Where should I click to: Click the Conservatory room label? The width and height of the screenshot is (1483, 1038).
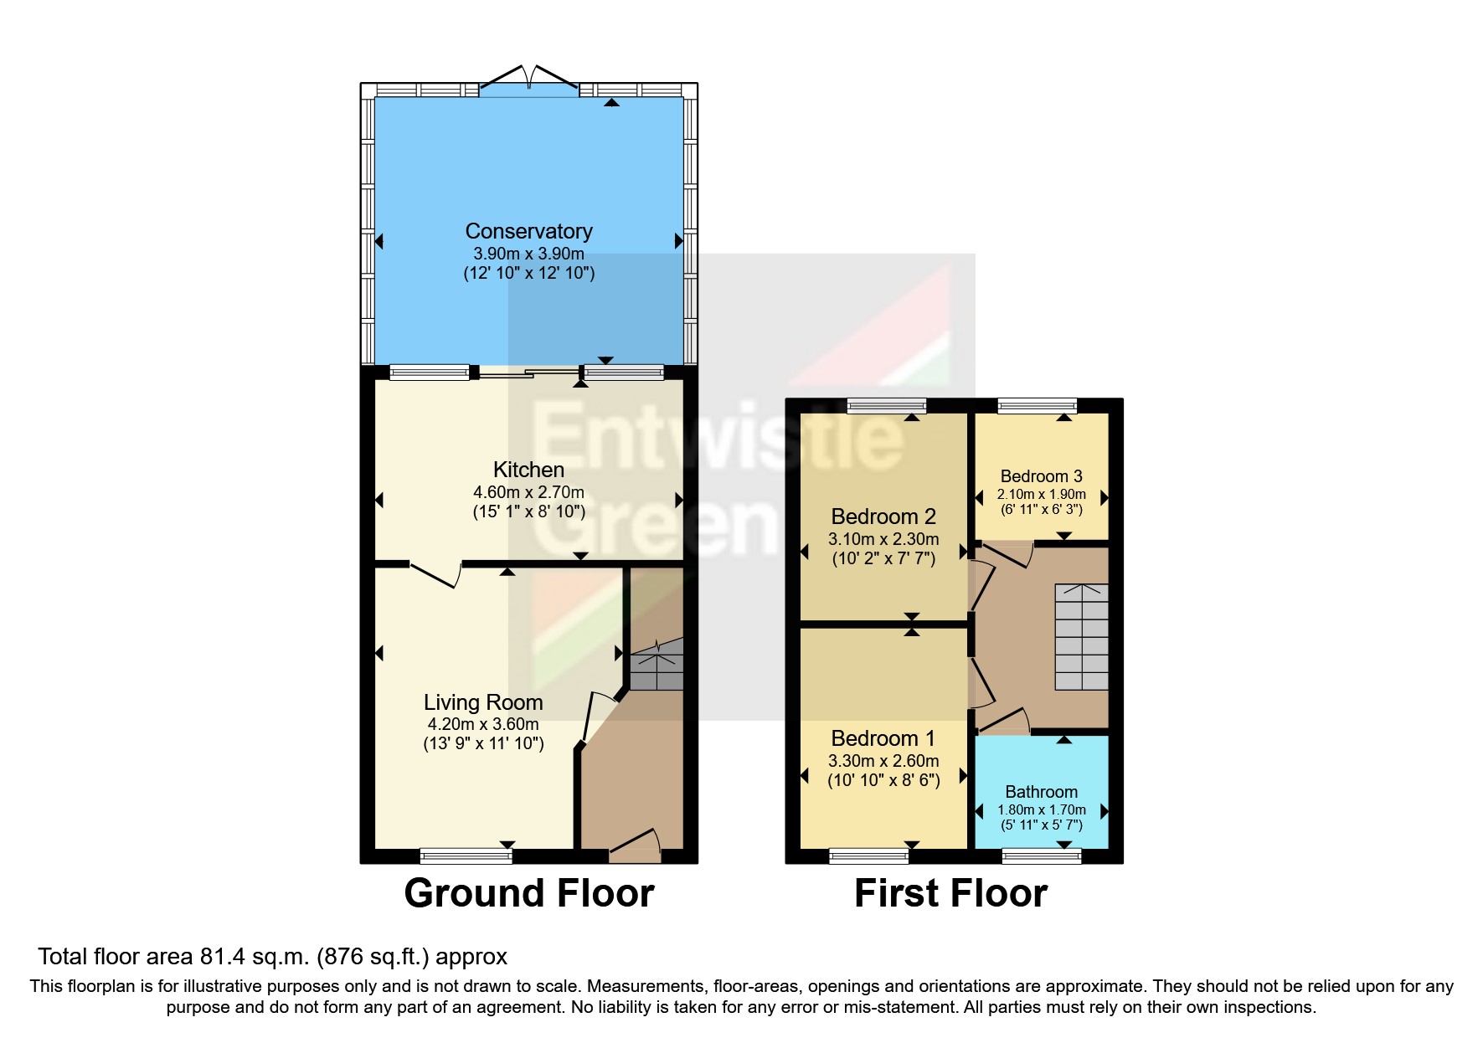click(528, 231)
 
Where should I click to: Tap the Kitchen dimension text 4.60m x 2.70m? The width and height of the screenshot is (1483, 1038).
click(528, 492)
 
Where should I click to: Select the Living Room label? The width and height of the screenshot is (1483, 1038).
click(483, 702)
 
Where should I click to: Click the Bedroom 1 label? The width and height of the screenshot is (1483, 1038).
click(883, 738)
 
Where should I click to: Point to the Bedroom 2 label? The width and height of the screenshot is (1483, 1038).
click(883, 516)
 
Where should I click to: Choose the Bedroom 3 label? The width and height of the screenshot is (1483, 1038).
click(1041, 476)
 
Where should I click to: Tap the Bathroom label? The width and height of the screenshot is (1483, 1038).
click(1041, 792)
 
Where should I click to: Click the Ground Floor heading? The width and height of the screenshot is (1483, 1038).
click(529, 893)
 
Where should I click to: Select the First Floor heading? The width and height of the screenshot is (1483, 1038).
click(950, 893)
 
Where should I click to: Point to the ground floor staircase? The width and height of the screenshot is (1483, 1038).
click(657, 665)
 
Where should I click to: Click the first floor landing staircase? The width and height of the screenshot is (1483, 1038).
click(1081, 636)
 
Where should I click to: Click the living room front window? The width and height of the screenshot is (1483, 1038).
click(466, 856)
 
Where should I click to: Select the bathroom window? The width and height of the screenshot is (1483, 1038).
click(1042, 856)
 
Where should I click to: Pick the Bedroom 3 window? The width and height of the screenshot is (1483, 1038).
click(1038, 406)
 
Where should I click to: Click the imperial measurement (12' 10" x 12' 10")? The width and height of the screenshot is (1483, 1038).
click(529, 273)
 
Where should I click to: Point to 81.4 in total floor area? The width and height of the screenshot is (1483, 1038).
click(220, 957)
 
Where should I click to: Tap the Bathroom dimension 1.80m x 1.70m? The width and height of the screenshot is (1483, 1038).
click(1042, 809)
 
